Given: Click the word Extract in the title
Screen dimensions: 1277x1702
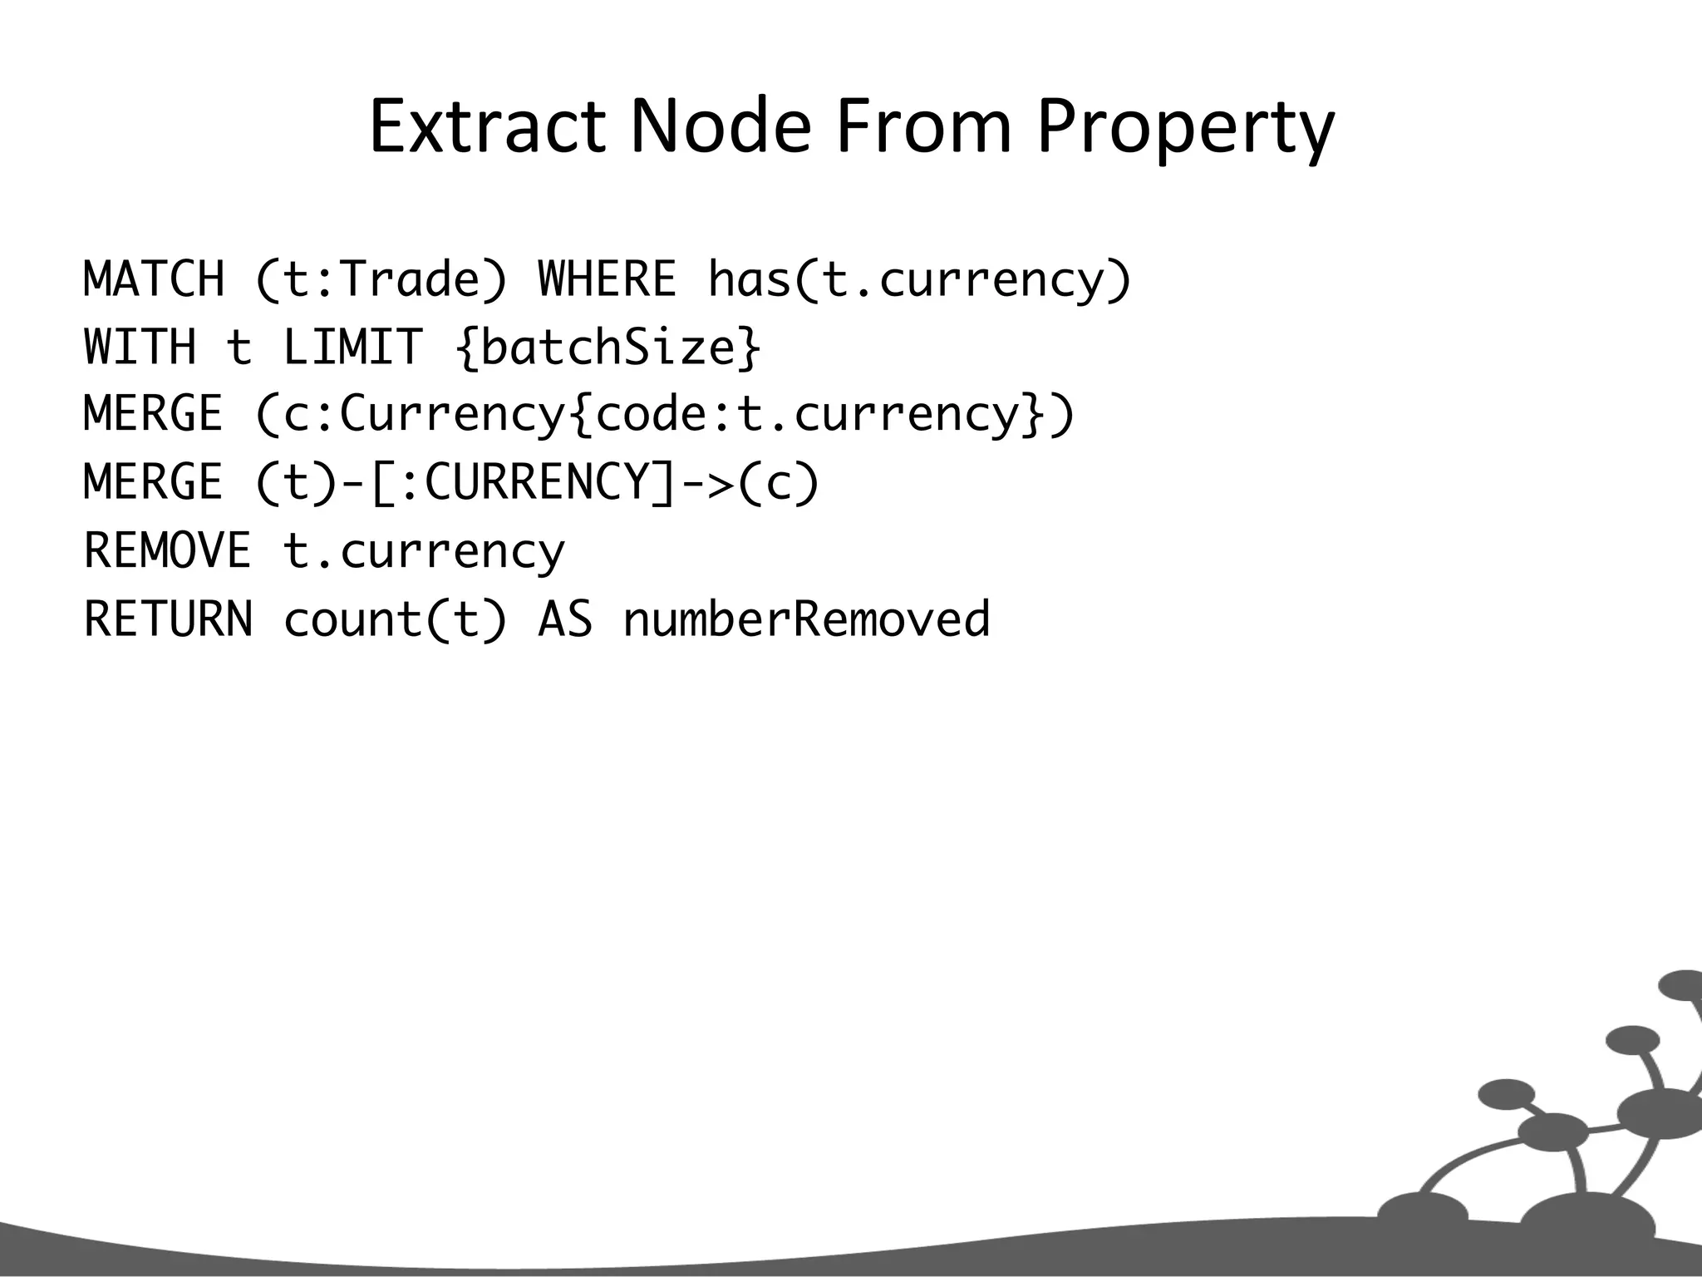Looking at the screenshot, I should (486, 127).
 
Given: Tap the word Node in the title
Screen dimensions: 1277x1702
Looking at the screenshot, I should (720, 127).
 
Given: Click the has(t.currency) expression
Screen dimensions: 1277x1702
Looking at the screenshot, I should (919, 280).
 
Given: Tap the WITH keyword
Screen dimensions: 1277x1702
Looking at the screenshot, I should (140, 347).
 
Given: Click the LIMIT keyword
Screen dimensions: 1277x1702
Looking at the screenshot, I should (352, 347).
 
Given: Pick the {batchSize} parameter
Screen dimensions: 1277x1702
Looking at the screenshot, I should (608, 348).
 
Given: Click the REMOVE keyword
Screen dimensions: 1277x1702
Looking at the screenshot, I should (168, 550).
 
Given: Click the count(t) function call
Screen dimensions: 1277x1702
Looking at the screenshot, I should (395, 619).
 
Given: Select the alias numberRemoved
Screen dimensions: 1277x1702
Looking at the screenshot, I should (806, 619).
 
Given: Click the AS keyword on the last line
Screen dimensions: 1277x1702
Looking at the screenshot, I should (565, 619).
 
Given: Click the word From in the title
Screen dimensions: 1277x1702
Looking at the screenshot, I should (923, 127).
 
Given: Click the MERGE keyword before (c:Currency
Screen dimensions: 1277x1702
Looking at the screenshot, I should (155, 414).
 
